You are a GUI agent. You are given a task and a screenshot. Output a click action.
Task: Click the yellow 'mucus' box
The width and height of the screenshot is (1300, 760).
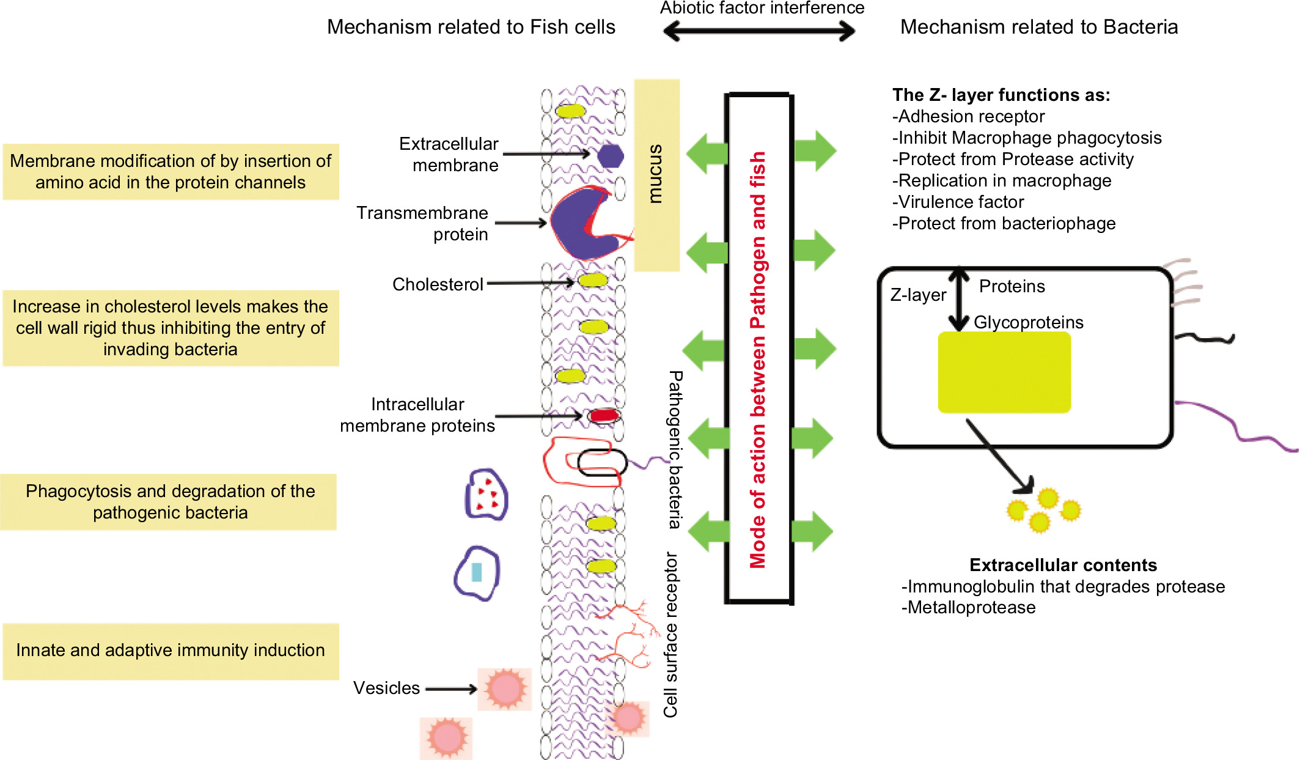coord(656,175)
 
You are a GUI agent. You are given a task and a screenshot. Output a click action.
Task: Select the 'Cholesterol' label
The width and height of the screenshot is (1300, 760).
coord(438,284)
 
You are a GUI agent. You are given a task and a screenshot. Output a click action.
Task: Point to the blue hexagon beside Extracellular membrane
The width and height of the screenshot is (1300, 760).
coord(610,156)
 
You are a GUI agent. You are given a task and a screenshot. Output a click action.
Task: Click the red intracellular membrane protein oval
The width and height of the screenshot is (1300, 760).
coord(604,416)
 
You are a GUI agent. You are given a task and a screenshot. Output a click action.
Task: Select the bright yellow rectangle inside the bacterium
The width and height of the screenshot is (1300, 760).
coord(1004,372)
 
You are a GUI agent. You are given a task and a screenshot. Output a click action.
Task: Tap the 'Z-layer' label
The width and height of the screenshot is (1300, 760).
coord(917,295)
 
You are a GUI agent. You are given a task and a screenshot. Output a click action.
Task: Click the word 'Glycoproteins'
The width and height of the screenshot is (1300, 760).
coord(1028,322)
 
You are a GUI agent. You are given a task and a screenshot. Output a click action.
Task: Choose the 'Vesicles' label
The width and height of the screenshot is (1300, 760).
coord(386,688)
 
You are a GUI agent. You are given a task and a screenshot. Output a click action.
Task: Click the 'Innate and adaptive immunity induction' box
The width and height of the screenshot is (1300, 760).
coord(171,651)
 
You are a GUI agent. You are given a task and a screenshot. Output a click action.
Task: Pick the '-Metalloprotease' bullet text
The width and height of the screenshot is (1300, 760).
coord(969,607)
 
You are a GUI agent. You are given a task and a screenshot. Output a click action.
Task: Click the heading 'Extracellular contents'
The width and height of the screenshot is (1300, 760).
coord(1063,565)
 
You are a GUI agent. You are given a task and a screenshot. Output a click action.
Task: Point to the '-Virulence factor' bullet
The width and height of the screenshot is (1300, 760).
coord(958,202)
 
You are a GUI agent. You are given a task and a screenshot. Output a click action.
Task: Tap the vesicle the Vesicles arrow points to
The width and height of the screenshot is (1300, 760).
coord(505,689)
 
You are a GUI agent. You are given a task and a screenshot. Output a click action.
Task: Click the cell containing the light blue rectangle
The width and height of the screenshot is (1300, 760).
coord(477,573)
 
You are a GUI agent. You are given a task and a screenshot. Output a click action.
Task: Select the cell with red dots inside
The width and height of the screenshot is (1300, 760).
coord(487,495)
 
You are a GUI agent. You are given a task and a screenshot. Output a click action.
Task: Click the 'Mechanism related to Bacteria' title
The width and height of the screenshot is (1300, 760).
coord(1039,27)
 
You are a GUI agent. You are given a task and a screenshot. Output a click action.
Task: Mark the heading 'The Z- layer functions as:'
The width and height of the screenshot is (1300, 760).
coord(1001,95)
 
